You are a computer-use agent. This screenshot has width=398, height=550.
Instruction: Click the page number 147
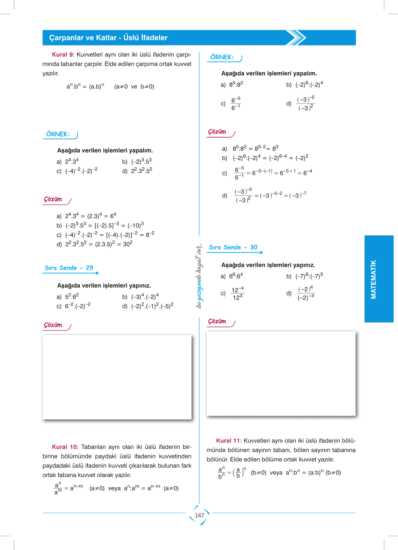tap(200, 515)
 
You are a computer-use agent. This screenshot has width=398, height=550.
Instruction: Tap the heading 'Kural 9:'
tap(63, 55)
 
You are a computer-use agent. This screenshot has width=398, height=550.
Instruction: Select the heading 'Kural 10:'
tap(65, 447)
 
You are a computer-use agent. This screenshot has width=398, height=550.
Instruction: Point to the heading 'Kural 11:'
tap(229, 441)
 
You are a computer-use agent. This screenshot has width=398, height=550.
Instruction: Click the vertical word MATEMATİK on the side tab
tap(374, 279)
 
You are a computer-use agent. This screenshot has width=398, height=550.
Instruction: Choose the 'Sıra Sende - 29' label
tap(69, 268)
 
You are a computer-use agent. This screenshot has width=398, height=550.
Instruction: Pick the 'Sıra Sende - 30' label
tap(233, 247)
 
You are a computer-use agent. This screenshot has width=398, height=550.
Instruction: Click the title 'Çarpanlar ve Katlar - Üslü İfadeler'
tap(108, 38)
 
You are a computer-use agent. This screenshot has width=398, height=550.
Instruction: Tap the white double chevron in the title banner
tap(296, 37)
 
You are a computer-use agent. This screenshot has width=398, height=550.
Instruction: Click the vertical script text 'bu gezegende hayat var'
tap(199, 276)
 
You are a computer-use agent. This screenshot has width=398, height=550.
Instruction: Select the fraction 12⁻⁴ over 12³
tap(238, 294)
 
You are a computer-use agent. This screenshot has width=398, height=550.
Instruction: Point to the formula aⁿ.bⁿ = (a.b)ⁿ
tap(85, 86)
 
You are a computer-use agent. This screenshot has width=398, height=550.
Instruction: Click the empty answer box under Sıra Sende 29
tap(117, 377)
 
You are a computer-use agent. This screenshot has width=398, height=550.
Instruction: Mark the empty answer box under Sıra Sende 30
tap(281, 374)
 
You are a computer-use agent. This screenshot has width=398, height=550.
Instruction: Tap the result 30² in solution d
tap(128, 244)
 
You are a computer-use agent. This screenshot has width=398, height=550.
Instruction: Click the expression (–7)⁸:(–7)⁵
tap(309, 276)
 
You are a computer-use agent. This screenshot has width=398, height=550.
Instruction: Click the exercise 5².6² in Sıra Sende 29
tap(72, 297)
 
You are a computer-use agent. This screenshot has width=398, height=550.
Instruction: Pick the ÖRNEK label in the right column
tap(222, 57)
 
